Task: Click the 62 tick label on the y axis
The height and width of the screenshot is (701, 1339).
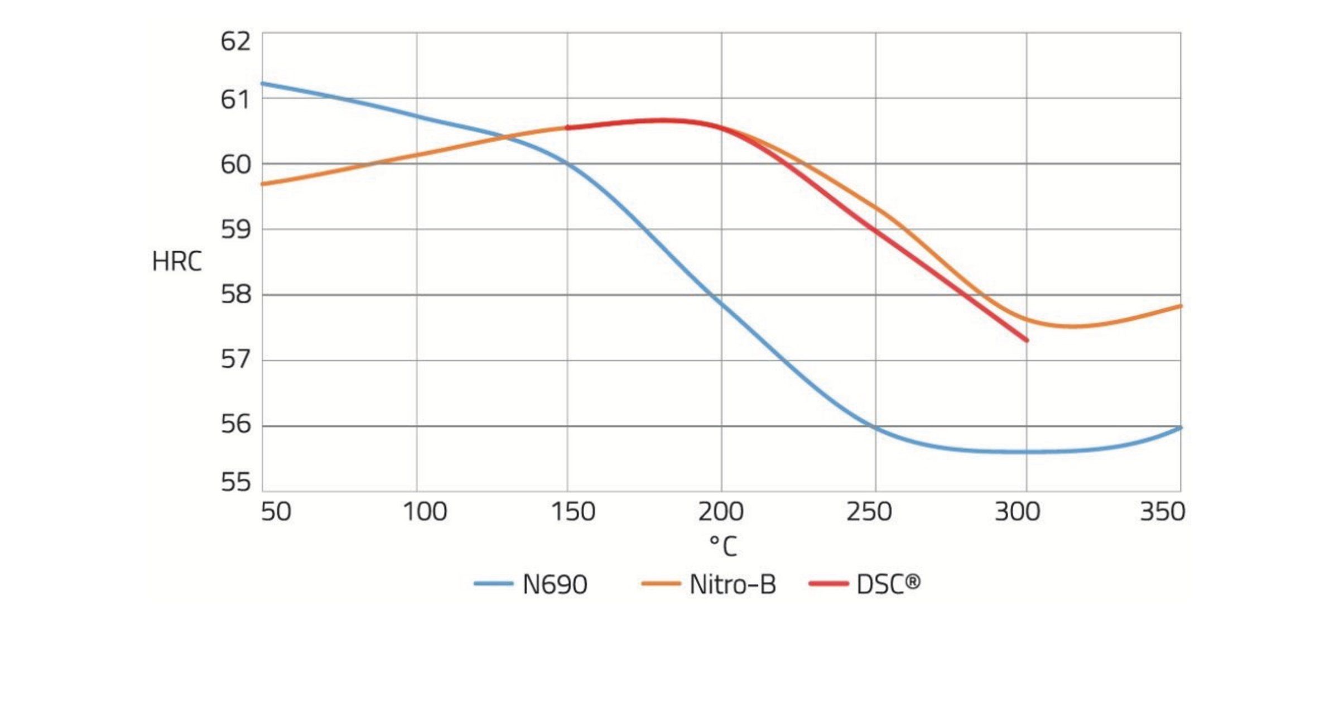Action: pos(235,42)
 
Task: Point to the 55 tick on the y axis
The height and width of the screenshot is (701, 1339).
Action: pos(235,482)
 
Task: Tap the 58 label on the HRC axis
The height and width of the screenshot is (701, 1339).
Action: pos(235,294)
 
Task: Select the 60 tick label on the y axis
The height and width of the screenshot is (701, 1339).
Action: pos(235,164)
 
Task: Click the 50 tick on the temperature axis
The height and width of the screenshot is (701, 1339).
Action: pos(276,512)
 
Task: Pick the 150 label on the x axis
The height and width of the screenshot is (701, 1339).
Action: pos(572,512)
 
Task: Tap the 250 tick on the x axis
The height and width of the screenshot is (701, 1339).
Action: pos(869,512)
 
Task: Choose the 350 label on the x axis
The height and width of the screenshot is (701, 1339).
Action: pos(1162,512)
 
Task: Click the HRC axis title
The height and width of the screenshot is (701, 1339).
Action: pos(176,262)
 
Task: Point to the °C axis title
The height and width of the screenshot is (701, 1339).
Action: pos(723,546)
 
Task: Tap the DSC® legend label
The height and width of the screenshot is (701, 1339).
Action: pos(888,584)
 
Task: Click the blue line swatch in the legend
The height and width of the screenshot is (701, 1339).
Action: pos(493,584)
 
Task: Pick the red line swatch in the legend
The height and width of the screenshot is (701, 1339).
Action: pos(829,584)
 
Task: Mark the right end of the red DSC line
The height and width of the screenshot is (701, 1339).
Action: pos(1027,340)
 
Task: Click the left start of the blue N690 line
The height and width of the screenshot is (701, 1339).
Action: pos(263,84)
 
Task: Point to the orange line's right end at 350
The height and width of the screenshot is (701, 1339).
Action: pos(1180,306)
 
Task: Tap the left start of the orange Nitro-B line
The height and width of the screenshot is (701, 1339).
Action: pos(263,184)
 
